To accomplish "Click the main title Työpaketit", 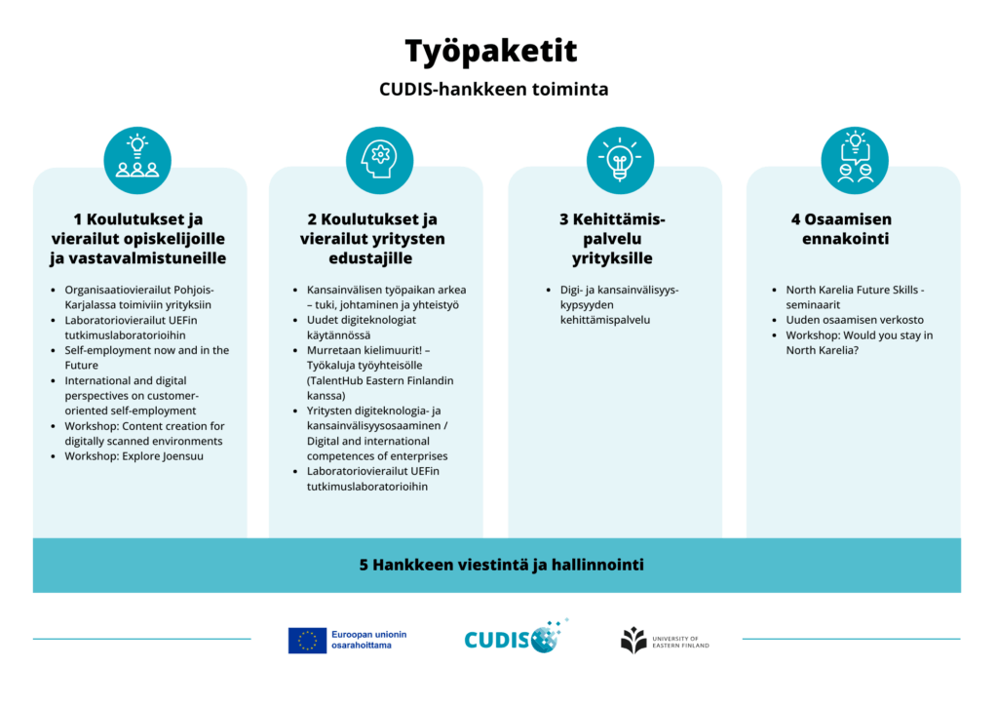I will click(x=491, y=51).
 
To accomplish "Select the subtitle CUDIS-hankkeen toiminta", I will click(x=493, y=90).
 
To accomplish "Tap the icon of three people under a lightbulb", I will click(x=137, y=159).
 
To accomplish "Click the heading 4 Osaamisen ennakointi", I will click(x=841, y=229).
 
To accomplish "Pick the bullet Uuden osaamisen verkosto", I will click(x=855, y=320).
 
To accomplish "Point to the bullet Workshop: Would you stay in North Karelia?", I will click(x=859, y=342).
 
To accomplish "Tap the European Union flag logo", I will click(x=307, y=640).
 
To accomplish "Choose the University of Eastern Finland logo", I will click(x=665, y=641).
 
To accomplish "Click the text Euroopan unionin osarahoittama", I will click(x=368, y=640).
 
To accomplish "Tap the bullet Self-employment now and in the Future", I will click(x=146, y=357).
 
